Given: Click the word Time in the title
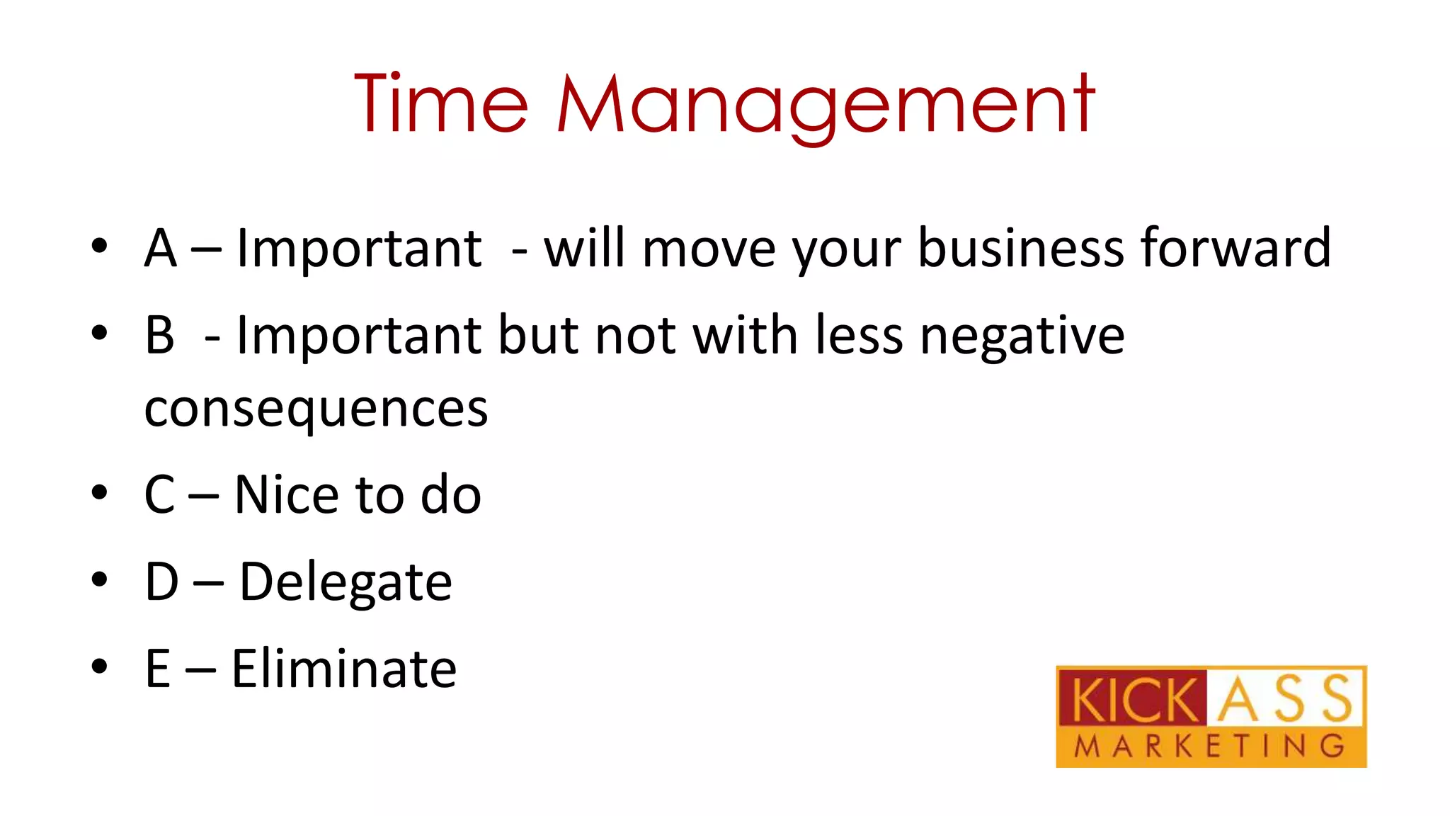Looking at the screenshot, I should click(440, 104).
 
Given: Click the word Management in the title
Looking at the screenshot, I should click(826, 106).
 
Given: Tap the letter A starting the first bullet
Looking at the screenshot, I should click(161, 249).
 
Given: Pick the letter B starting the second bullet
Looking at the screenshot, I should click(160, 336).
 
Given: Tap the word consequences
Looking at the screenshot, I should click(316, 409).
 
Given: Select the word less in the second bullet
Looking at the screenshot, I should click(859, 336).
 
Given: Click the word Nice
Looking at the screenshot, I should click(287, 494).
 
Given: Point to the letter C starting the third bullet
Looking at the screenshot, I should click(160, 494).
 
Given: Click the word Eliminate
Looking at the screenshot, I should click(344, 669).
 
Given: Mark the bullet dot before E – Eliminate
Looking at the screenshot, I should click(99, 666).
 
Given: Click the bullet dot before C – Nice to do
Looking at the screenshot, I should click(99, 492).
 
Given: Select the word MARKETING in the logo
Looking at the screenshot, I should click(1209, 747).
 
